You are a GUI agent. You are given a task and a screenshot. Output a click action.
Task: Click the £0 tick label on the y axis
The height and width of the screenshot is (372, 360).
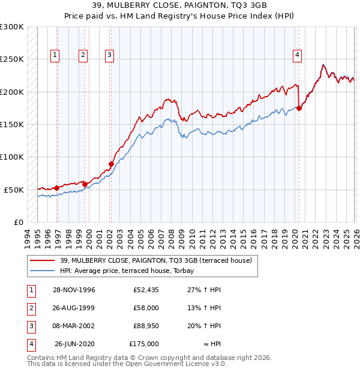[x=19, y=222]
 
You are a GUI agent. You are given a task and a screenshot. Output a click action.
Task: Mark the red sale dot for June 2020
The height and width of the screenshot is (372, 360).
[x=299, y=109]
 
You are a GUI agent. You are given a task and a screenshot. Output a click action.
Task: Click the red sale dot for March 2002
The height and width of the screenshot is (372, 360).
[x=111, y=164]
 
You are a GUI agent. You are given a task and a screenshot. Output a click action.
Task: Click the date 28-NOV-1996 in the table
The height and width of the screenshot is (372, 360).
[x=74, y=290]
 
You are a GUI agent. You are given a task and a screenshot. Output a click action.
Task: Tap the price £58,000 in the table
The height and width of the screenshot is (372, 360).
[x=146, y=308]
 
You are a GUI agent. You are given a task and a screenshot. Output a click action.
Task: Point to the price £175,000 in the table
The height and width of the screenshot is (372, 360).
[x=144, y=344]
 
